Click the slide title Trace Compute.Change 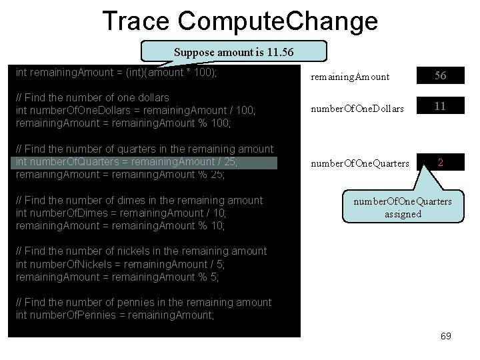240,21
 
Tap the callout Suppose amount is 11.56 233,52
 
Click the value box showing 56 440,76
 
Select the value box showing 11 440,105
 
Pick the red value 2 440,161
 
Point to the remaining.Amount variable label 351,77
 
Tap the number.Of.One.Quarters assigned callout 402,207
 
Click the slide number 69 446,335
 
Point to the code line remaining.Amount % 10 120,225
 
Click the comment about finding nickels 141,251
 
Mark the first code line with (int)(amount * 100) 116,72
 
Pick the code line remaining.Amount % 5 117,276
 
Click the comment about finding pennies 143,302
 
